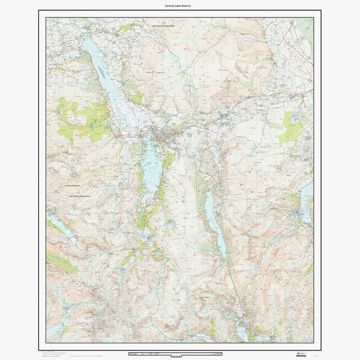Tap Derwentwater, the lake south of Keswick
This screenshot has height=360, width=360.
coord(151,165)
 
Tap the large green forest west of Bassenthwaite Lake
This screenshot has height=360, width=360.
coord(84,120)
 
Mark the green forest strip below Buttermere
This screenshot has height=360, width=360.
coord(60,261)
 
